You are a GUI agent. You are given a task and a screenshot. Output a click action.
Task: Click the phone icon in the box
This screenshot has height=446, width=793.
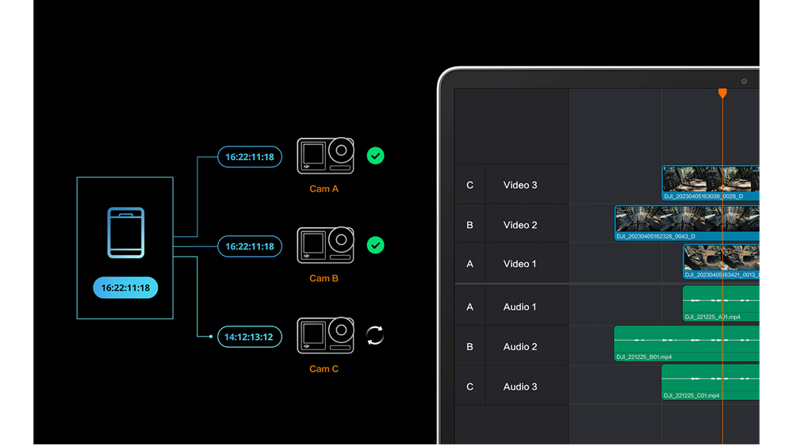(x=126, y=233)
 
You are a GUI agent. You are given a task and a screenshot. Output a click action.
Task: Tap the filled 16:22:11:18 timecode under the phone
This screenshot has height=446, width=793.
(x=125, y=288)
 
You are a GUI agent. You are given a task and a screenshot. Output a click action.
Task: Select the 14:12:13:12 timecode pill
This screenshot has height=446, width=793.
(x=248, y=337)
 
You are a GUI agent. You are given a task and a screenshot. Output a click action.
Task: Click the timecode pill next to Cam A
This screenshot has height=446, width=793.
(x=249, y=157)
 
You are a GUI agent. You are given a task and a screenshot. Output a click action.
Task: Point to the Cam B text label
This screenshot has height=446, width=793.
(x=324, y=279)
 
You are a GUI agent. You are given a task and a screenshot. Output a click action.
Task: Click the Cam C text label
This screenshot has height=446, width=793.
(x=324, y=369)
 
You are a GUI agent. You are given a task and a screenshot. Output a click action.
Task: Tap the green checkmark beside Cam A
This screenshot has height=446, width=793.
(x=376, y=156)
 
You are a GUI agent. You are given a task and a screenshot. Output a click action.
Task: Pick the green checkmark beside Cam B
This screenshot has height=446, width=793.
(x=376, y=246)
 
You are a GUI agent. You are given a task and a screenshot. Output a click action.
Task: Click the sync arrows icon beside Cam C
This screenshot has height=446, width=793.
(x=375, y=336)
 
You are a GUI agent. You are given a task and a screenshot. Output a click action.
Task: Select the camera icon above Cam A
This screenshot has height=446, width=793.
(x=325, y=156)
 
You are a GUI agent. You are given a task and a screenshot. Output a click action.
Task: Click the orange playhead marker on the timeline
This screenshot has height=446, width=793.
(x=722, y=93)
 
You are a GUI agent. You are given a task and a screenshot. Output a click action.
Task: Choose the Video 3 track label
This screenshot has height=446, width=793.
(x=520, y=185)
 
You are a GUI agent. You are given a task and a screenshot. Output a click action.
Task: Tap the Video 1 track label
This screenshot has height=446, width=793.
(x=520, y=264)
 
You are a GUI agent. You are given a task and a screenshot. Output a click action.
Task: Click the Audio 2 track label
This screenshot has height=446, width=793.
(x=520, y=347)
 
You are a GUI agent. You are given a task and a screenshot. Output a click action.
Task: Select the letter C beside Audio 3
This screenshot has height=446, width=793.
(x=469, y=387)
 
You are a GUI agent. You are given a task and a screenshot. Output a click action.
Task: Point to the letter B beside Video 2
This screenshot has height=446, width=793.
(x=469, y=225)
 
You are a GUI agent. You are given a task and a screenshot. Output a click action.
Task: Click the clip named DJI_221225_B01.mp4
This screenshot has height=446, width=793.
(x=686, y=344)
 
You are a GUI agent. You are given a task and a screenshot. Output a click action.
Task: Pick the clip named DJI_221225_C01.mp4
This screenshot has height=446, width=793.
(x=710, y=383)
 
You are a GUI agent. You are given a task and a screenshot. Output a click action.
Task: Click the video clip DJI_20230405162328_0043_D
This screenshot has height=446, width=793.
(x=687, y=223)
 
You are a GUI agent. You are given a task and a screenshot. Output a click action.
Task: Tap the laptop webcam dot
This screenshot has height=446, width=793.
(x=744, y=82)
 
